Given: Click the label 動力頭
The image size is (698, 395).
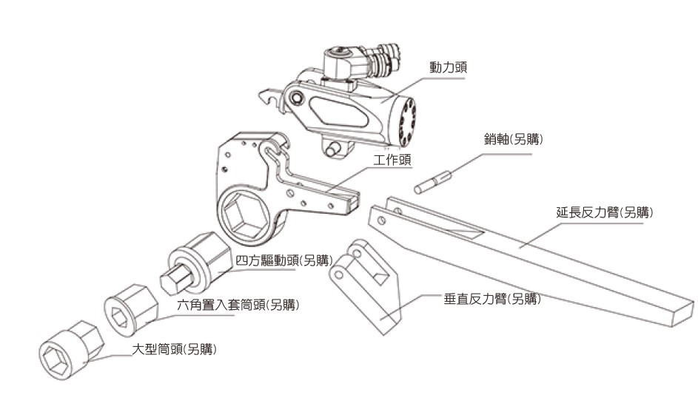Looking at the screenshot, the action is coord(448,67).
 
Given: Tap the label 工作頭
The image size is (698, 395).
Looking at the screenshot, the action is coord(392,160).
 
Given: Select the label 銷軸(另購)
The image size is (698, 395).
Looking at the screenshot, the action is coord(514,139).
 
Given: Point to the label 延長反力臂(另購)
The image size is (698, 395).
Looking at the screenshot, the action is coord(605,212).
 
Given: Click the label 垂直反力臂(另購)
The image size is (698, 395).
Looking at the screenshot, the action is coord(492,299).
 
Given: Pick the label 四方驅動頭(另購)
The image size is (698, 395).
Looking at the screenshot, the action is coord(284,260).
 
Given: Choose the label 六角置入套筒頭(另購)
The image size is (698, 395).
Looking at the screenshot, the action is coord(238,305).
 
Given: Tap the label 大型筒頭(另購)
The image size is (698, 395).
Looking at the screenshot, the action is coord(175,349).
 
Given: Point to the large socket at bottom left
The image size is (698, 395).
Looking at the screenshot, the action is coord(70,350).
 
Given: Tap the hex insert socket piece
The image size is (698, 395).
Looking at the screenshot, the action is coord(131,310).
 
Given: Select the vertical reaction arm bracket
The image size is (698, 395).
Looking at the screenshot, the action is coord(365,286).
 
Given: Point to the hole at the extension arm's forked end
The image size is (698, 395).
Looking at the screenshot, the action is coord(381,220).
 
